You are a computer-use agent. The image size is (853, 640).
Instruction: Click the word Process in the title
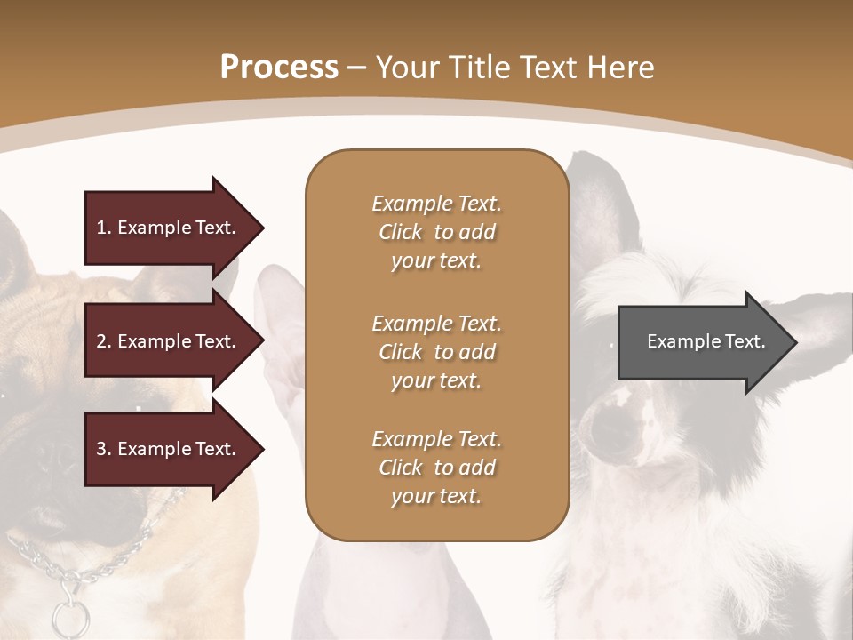279,68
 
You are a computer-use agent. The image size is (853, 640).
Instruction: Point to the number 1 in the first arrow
101,228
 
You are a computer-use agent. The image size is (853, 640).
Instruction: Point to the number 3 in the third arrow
101,449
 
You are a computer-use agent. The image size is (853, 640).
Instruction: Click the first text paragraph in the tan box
436,232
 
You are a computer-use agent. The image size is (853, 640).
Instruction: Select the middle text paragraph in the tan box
436,352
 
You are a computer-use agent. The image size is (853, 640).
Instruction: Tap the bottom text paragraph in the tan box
436,468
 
